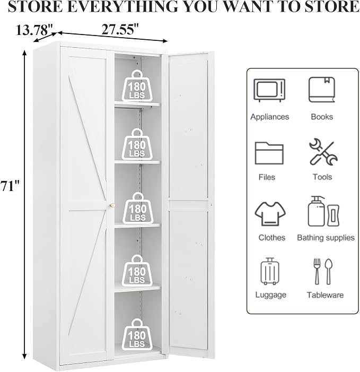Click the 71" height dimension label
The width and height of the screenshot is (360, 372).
[10, 186]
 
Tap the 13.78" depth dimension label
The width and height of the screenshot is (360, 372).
[34, 30]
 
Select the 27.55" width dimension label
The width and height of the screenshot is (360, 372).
[120, 29]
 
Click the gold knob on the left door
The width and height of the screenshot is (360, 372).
[112, 205]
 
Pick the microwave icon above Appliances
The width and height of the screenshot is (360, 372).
[269, 90]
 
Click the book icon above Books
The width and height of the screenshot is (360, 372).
[322, 90]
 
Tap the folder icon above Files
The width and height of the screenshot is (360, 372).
[269, 153]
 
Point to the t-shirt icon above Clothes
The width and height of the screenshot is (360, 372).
[270, 213]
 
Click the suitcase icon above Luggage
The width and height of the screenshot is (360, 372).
[270, 271]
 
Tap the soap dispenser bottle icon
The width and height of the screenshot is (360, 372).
[317, 211]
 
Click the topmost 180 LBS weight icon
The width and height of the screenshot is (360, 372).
[137, 85]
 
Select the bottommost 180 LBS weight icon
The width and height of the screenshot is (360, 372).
[137, 334]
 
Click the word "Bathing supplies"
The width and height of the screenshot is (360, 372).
[326, 238]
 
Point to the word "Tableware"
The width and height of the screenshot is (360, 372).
[325, 295]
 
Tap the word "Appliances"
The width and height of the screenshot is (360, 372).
[269, 117]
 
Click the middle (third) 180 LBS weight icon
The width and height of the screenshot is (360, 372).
[138, 208]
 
